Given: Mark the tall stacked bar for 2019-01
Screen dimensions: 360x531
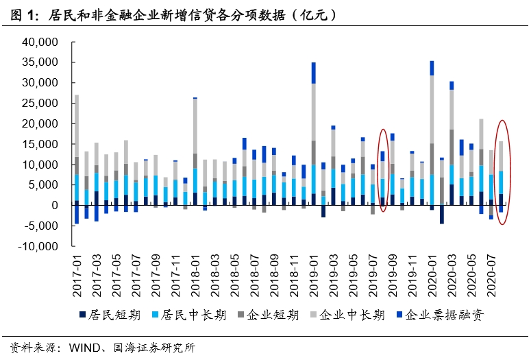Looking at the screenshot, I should coord(314,137).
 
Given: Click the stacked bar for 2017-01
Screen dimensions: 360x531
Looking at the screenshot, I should coord(77,151).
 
